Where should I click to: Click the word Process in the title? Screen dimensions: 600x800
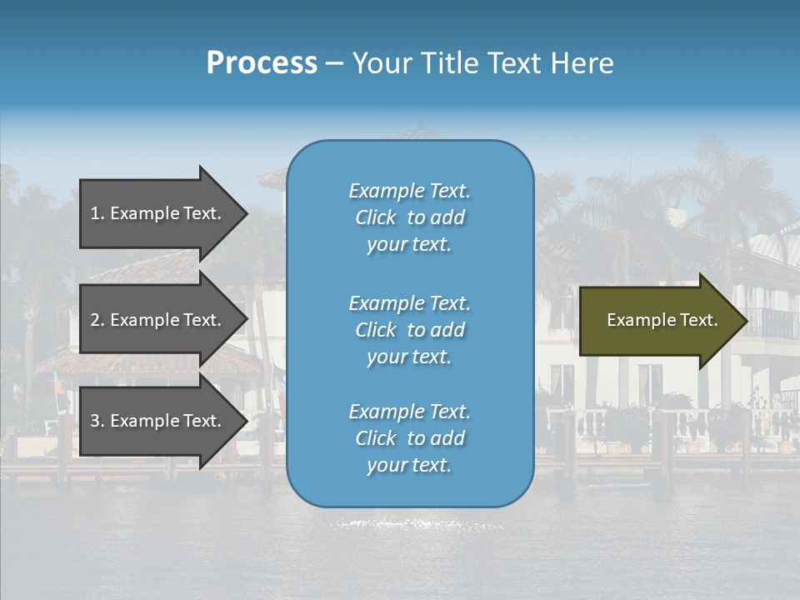pyautogui.click(x=262, y=63)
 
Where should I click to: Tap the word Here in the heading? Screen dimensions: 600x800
pyautogui.click(x=581, y=63)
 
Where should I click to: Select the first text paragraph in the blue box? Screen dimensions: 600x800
pyautogui.click(x=409, y=217)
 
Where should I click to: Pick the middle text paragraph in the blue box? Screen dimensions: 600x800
pyautogui.click(x=409, y=330)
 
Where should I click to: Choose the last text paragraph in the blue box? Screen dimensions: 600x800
pyautogui.click(x=409, y=438)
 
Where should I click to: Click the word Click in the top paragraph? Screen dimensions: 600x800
pyautogui.click(x=376, y=217)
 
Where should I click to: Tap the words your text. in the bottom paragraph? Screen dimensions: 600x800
pyautogui.click(x=409, y=465)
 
